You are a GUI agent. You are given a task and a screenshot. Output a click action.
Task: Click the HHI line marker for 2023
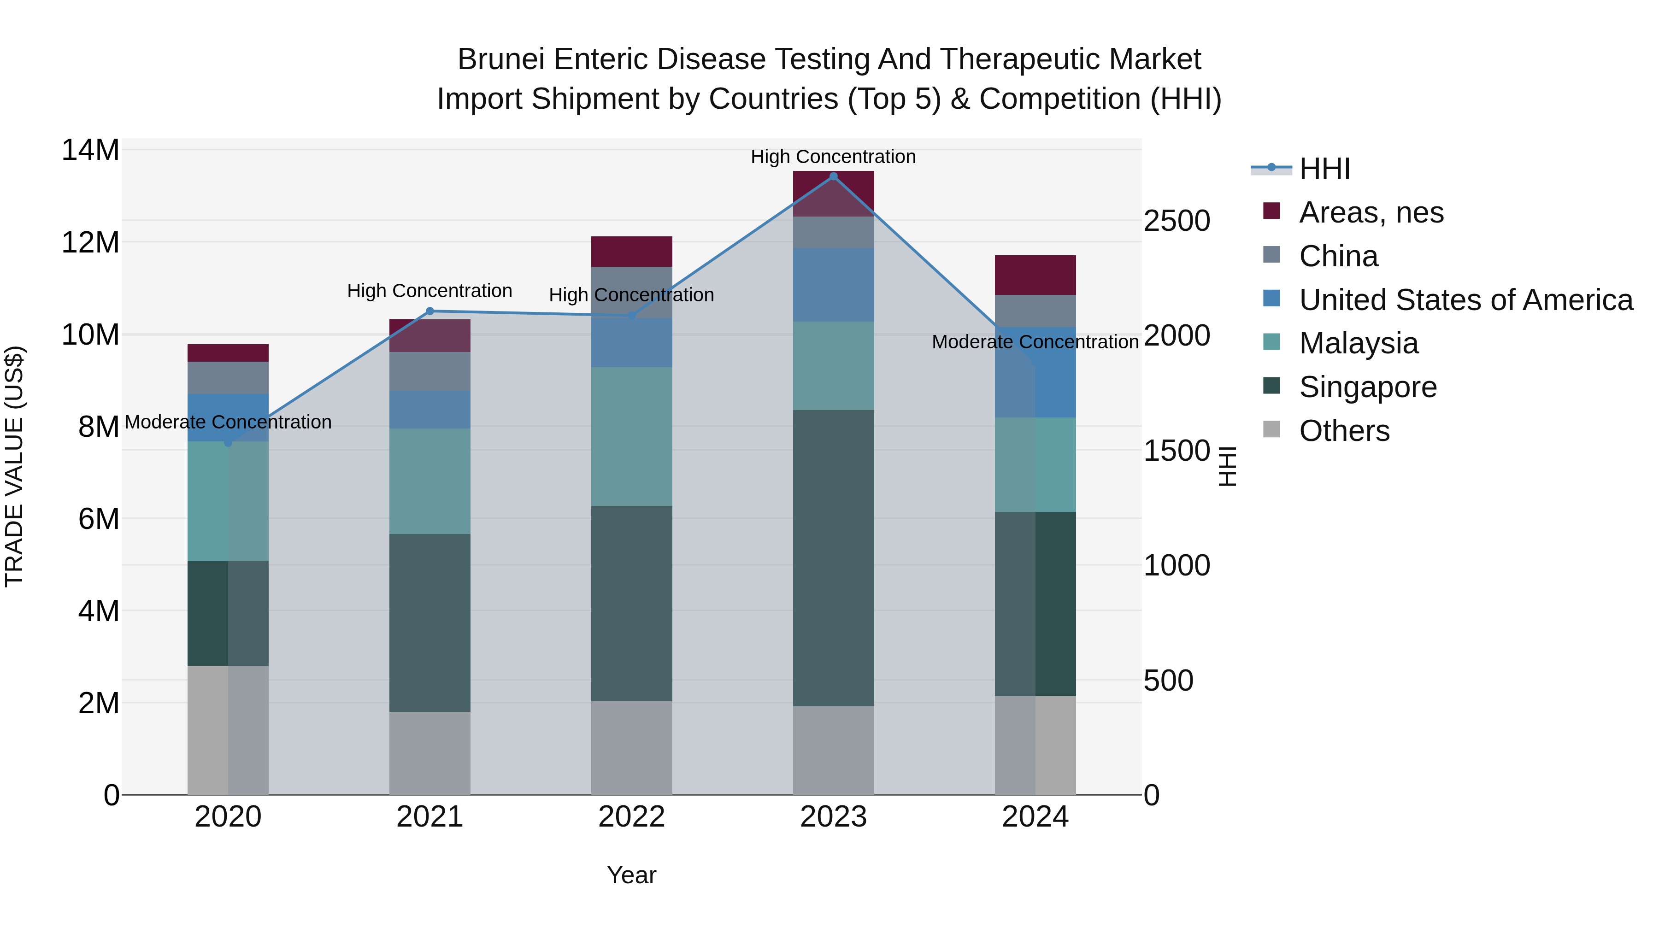[833, 176]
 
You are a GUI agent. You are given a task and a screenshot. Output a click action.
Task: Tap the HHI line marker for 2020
[228, 443]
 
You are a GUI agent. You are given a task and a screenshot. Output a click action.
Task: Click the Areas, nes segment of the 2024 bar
[1035, 275]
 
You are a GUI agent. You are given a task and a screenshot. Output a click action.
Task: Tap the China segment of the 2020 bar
[228, 378]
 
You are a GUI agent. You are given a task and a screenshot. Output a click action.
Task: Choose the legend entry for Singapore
[1367, 387]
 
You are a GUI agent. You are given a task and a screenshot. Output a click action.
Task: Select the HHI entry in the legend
[1324, 169]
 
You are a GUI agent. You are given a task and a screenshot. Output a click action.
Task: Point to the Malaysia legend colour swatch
[1271, 342]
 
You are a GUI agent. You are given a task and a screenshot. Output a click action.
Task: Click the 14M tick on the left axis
[90, 150]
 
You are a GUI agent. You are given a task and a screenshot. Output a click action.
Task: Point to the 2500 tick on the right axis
[1177, 221]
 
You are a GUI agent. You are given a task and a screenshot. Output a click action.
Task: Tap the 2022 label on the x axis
[632, 817]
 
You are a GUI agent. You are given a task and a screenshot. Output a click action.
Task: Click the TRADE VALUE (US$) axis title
[14, 466]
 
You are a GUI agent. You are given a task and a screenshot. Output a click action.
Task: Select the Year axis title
[632, 875]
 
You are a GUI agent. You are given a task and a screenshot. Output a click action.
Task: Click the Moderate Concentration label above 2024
[1035, 342]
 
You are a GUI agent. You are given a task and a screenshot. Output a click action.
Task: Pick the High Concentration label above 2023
[833, 157]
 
